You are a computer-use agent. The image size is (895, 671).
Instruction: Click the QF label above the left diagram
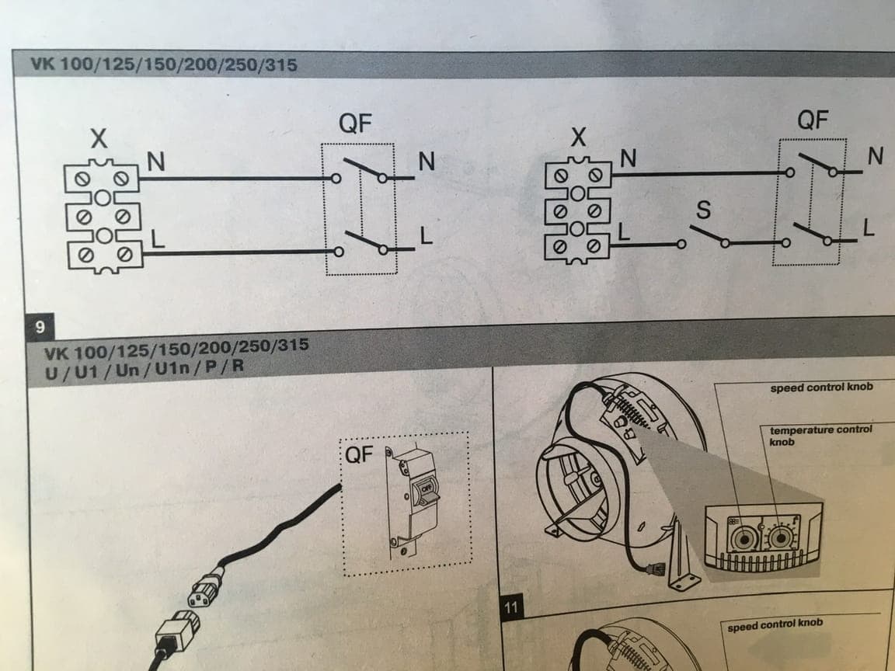click(x=355, y=123)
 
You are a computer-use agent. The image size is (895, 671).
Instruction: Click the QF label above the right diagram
click(x=813, y=120)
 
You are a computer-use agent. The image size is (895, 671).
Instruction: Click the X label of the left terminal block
click(x=98, y=141)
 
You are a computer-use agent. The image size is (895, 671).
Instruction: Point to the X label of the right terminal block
click(x=577, y=139)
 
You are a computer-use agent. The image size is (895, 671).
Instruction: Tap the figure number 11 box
click(x=511, y=607)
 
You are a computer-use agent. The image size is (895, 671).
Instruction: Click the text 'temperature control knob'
click(x=820, y=435)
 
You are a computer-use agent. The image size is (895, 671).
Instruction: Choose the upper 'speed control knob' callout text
click(x=821, y=387)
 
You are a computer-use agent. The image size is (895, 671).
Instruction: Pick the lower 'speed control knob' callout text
click(x=775, y=624)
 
